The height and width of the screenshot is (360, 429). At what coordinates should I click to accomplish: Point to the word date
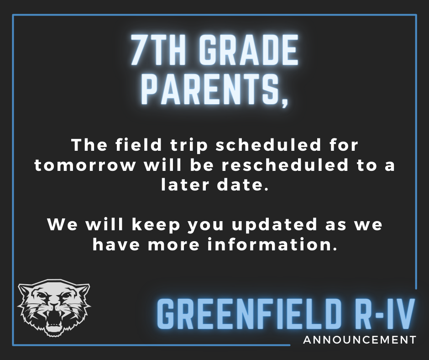(241, 185)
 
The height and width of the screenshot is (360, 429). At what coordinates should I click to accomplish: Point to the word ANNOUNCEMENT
(360, 340)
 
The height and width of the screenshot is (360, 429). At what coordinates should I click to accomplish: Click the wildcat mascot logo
(54, 308)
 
